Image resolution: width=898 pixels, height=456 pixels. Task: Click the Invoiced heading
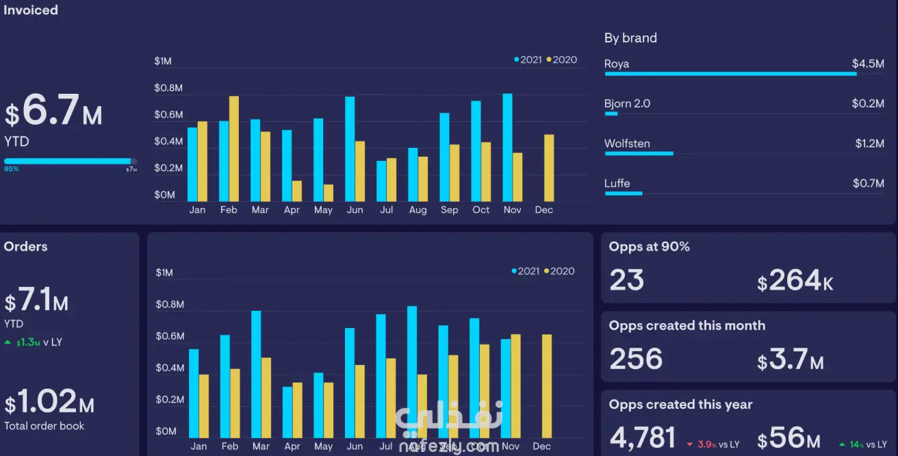[x=31, y=10]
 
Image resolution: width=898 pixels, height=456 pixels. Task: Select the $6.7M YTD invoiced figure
[x=54, y=113]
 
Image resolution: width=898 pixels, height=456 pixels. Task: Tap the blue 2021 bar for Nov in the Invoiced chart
[x=507, y=147]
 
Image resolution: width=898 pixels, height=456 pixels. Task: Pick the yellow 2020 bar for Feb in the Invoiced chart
[x=234, y=149]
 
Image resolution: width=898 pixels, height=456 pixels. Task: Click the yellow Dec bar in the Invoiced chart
[x=549, y=168]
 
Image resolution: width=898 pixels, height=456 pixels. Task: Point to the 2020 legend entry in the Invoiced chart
[x=562, y=60]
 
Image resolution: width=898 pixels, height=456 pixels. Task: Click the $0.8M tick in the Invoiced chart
[x=168, y=88]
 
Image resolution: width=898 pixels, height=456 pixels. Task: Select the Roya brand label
[x=617, y=64]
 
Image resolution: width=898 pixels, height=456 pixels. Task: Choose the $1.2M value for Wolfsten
[x=869, y=144]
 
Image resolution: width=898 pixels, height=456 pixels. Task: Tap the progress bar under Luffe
[x=624, y=194]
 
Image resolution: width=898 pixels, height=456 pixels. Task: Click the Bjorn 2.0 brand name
[x=627, y=104]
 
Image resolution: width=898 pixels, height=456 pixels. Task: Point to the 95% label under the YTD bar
[x=12, y=169]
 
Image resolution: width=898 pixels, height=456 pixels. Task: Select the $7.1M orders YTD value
[x=37, y=301]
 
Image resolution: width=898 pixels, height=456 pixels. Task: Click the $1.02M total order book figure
[x=49, y=402]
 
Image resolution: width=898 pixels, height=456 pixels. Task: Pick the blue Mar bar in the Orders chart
[x=256, y=375]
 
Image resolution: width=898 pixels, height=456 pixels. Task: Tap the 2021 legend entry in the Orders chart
[x=526, y=271]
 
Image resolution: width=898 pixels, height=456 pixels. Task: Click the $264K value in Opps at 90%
[x=795, y=281]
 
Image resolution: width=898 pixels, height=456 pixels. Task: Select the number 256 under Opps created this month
[x=636, y=359]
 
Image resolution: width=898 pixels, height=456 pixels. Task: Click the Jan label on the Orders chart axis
[x=198, y=446]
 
